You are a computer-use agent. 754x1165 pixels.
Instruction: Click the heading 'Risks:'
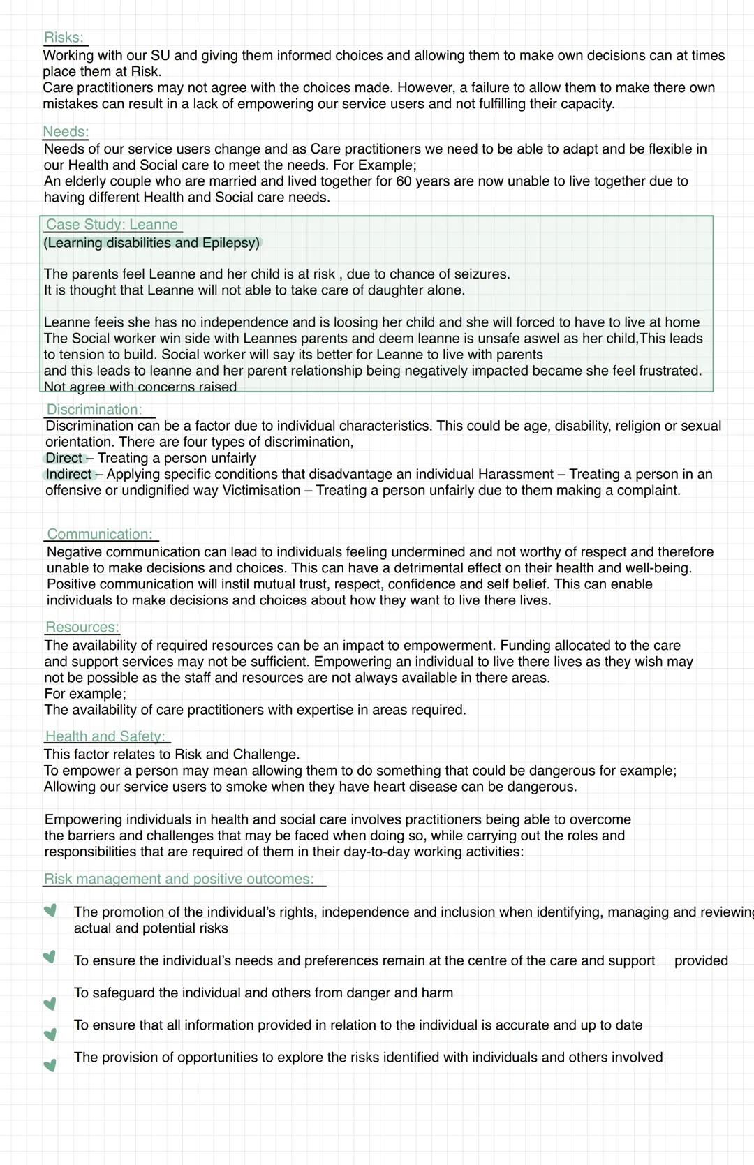pyautogui.click(x=64, y=38)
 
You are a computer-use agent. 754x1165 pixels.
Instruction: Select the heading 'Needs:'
pyautogui.click(x=66, y=132)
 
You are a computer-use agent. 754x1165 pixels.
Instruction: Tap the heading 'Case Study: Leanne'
pyautogui.click(x=112, y=225)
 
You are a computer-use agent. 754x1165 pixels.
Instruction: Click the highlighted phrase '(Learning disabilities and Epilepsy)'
pyautogui.click(x=151, y=243)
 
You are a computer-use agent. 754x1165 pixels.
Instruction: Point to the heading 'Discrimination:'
pyautogui.click(x=94, y=410)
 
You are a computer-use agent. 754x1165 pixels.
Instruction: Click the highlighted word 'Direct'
pyautogui.click(x=64, y=459)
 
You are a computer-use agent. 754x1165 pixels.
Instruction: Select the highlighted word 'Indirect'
pyautogui.click(x=68, y=475)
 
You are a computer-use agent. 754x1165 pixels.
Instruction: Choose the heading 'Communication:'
pyautogui.click(x=100, y=535)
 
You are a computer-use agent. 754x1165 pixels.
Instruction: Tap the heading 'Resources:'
pyautogui.click(x=82, y=628)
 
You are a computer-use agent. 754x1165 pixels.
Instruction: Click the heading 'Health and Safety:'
pyautogui.click(x=105, y=736)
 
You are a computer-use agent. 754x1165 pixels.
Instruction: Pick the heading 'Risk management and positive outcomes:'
pyautogui.click(x=179, y=879)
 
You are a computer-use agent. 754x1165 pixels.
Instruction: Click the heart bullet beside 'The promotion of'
pyautogui.click(x=50, y=910)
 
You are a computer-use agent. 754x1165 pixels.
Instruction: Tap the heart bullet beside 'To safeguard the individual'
pyautogui.click(x=50, y=1004)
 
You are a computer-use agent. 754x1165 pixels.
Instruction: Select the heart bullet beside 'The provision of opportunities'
pyautogui.click(x=50, y=1065)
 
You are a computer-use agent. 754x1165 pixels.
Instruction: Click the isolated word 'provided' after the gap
pyautogui.click(x=701, y=961)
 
